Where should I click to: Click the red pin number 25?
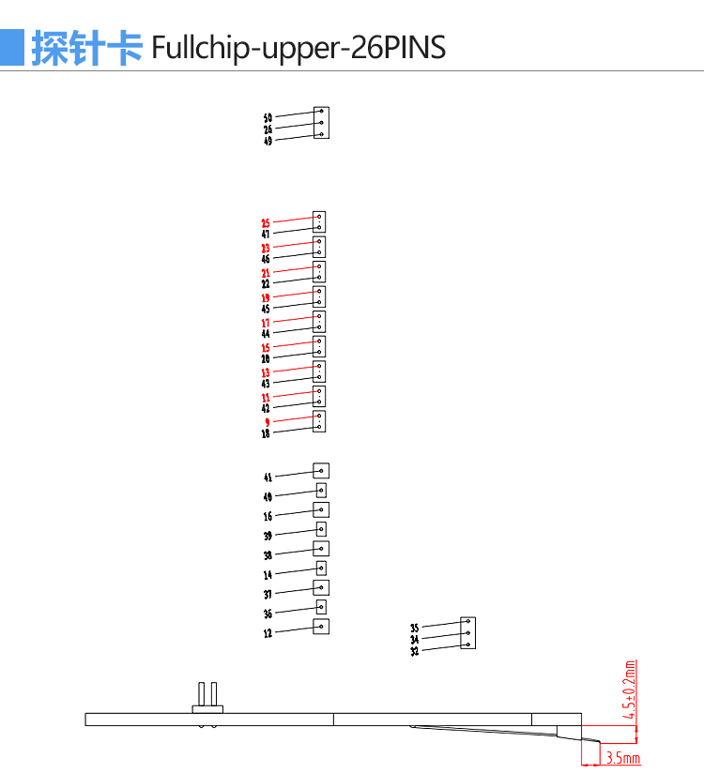tap(266, 223)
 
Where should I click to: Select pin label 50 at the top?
tap(268, 118)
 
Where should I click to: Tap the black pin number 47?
tap(266, 235)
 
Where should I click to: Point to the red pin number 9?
tap(267, 422)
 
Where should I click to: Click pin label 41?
tap(268, 477)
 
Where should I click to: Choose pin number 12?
tap(268, 633)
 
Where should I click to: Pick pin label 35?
tap(414, 629)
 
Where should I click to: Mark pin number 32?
tap(414, 651)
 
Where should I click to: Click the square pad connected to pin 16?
tap(321, 509)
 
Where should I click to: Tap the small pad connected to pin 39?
tap(321, 529)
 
